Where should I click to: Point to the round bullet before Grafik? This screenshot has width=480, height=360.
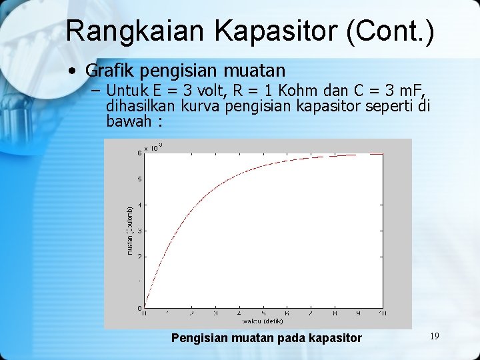click(x=74, y=71)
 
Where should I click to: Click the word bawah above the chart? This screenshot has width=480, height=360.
click(x=129, y=122)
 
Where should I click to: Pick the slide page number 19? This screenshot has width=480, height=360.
click(x=434, y=336)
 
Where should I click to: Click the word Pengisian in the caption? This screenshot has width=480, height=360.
click(x=199, y=338)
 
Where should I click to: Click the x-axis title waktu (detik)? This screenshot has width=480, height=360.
click(x=263, y=321)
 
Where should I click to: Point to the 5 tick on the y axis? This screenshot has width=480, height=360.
click(x=139, y=179)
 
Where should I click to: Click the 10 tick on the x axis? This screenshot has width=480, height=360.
click(x=383, y=313)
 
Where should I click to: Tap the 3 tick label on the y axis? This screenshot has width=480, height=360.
click(x=139, y=231)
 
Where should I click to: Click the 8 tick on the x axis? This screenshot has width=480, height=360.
click(x=335, y=313)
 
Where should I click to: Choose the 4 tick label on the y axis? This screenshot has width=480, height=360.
click(x=139, y=205)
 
